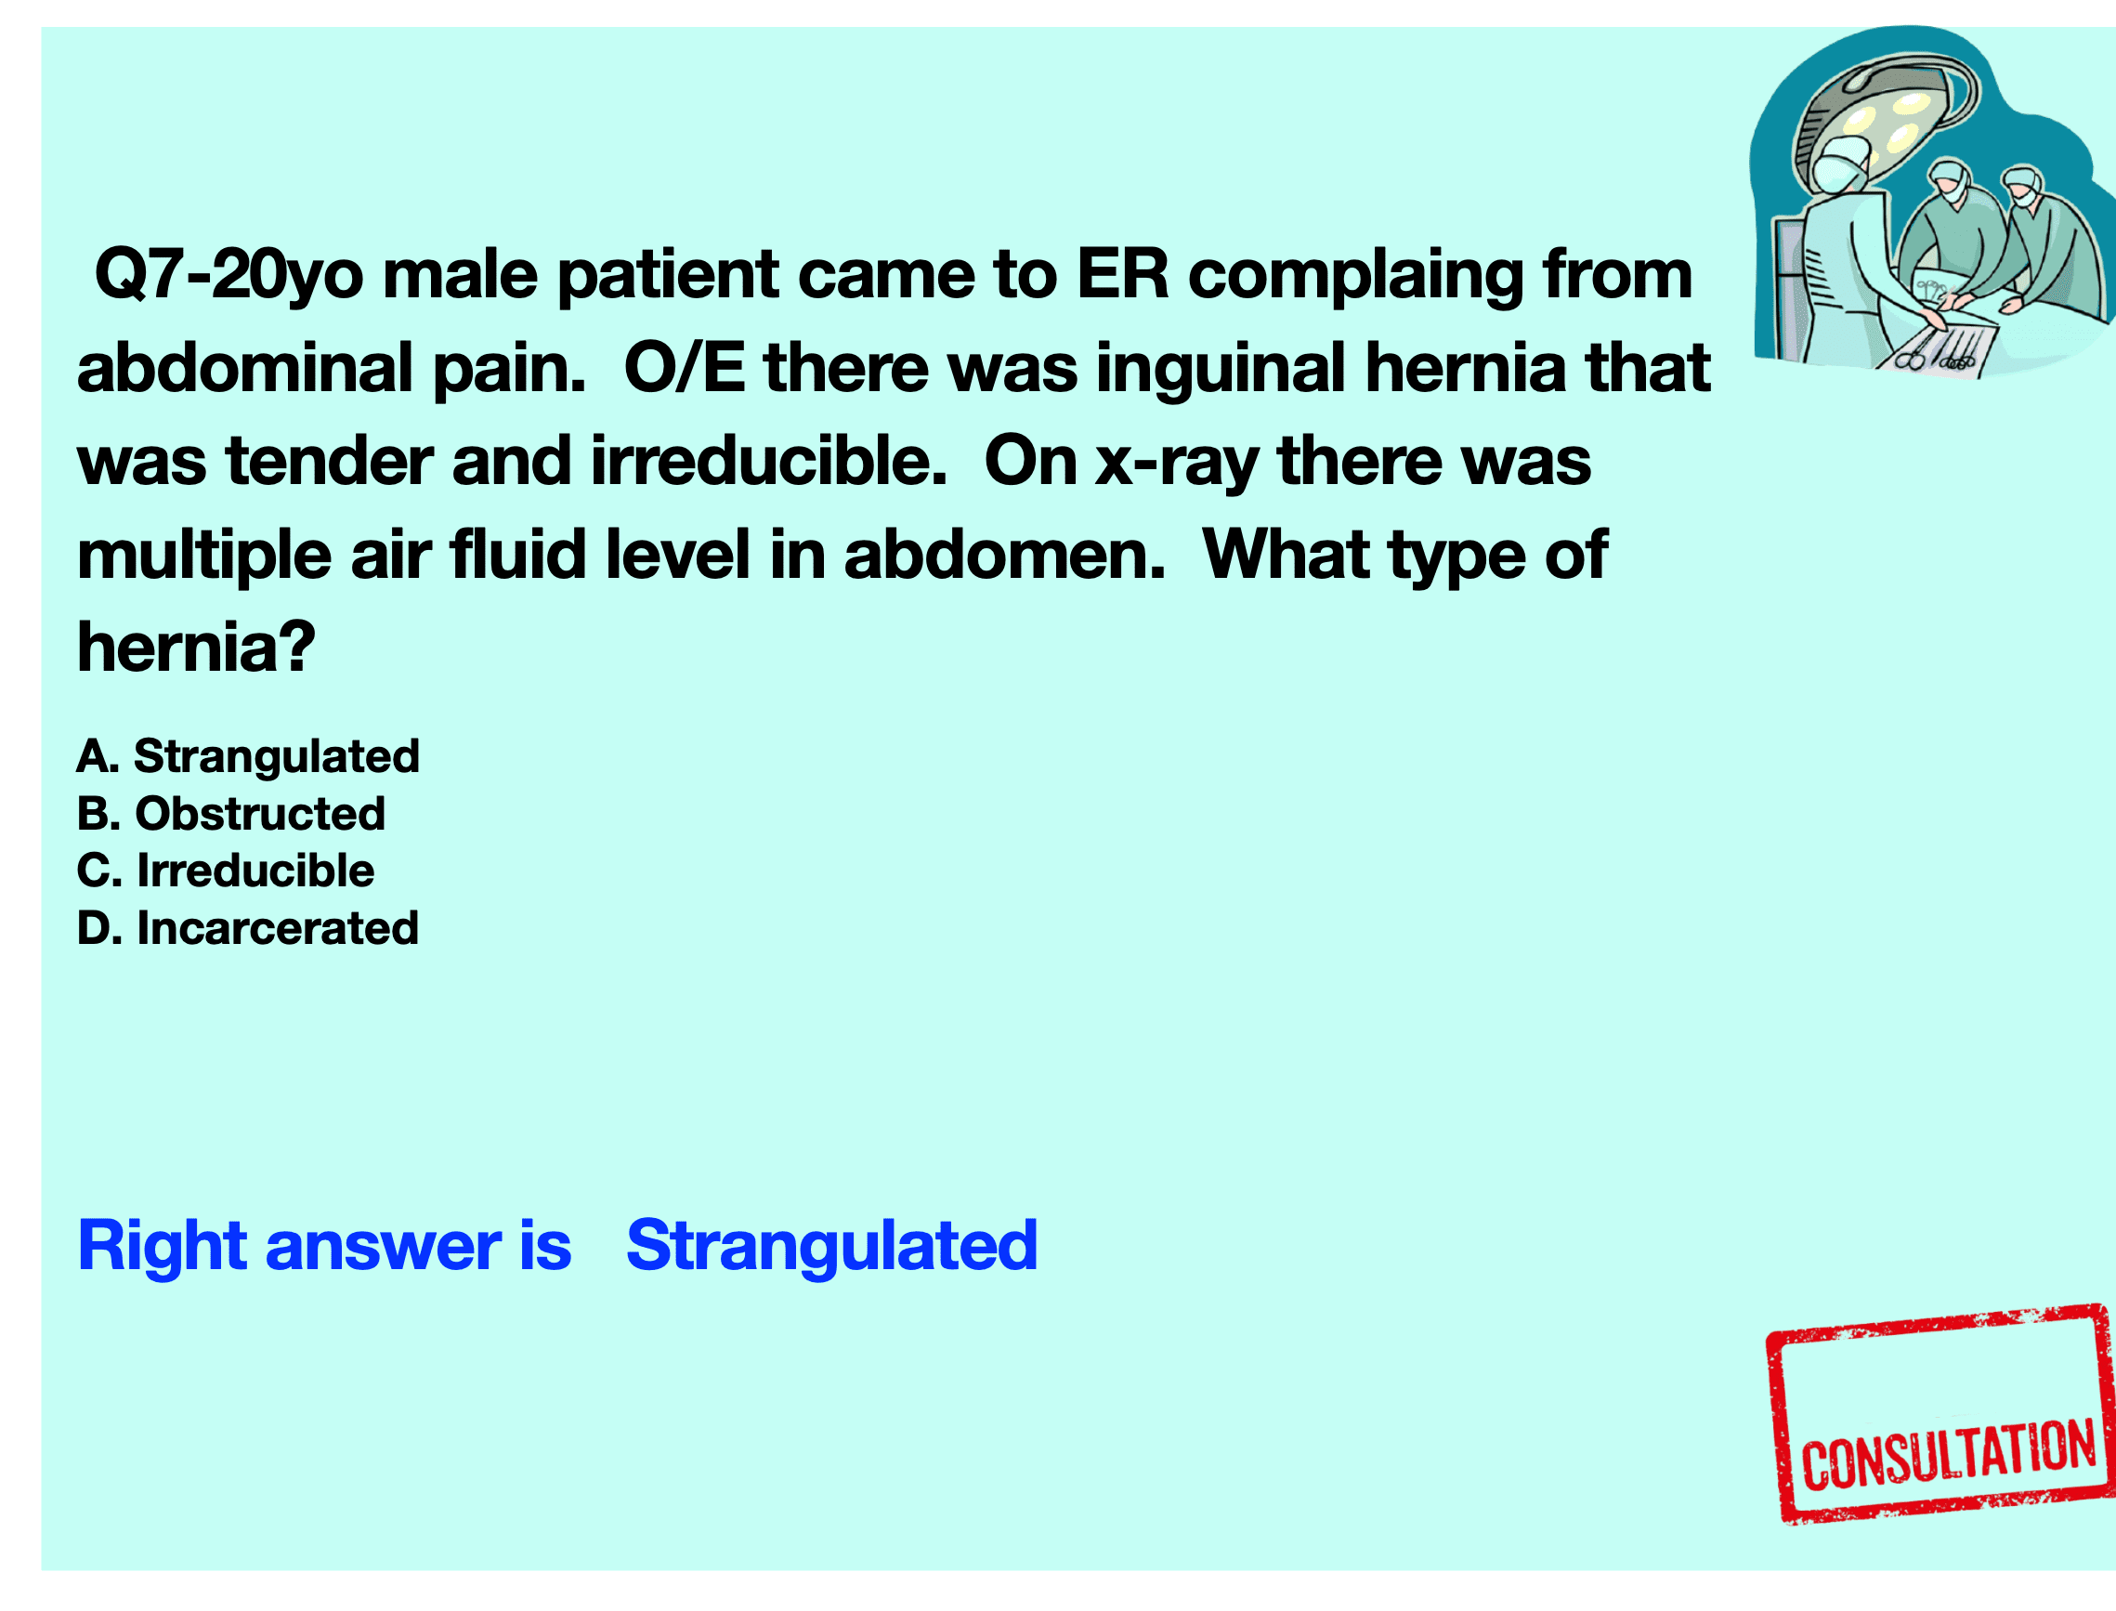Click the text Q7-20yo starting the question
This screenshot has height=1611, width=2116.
[229, 274]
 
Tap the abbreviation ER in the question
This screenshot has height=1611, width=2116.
[1123, 274]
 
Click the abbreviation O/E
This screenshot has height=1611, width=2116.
[685, 368]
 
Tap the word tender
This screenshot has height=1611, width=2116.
[329, 461]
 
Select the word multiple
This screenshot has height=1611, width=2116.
[203, 557]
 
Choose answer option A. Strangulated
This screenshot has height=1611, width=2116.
[248, 756]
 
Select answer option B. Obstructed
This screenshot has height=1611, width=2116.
[231, 813]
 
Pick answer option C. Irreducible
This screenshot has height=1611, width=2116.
[226, 871]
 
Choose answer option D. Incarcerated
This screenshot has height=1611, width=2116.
[247, 928]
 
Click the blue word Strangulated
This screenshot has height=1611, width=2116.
[831, 1248]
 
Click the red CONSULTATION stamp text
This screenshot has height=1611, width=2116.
[1949, 1456]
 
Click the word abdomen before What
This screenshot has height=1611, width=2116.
[1004, 557]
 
